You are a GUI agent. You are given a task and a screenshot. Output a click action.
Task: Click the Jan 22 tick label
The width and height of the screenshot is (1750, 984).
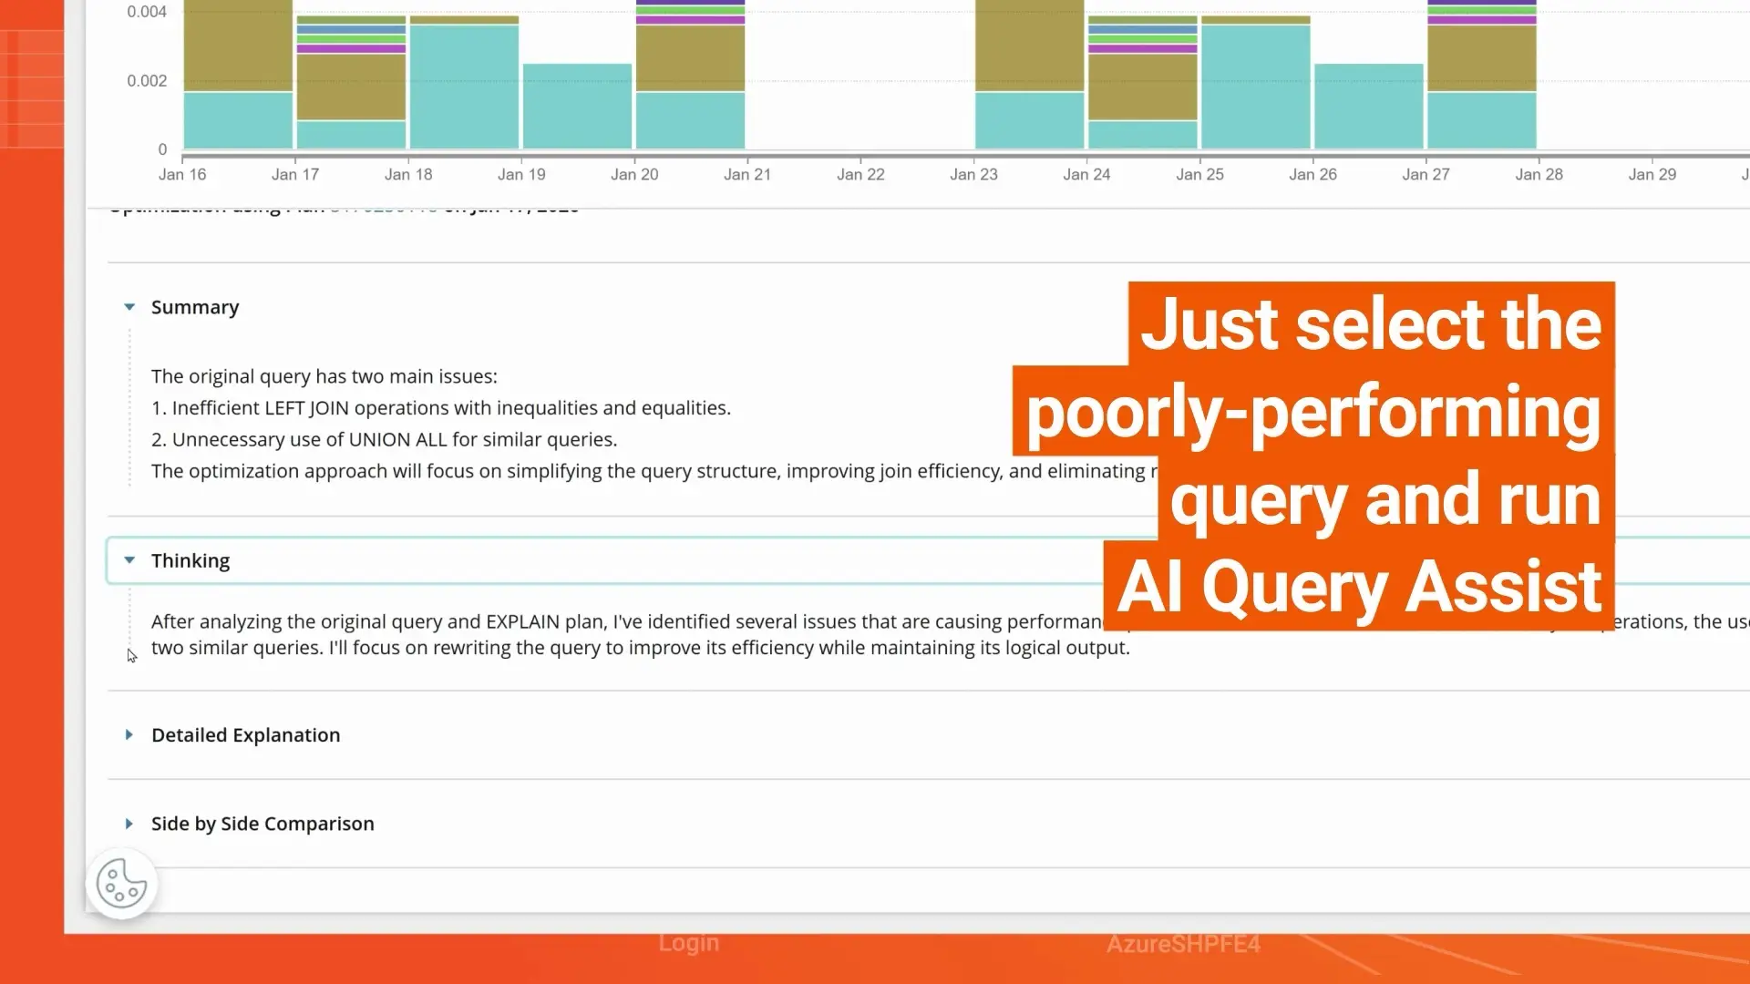pyautogui.click(x=860, y=174)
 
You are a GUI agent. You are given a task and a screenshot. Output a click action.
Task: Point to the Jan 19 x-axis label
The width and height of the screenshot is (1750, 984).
pyautogui.click(x=521, y=174)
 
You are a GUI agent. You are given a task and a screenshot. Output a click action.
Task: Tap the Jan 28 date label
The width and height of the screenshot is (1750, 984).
pyautogui.click(x=1539, y=174)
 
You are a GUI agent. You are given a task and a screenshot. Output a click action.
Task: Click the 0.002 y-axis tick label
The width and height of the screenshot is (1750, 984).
pyautogui.click(x=147, y=81)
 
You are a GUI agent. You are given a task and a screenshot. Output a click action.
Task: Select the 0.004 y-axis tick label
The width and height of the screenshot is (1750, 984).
pyautogui.click(x=147, y=12)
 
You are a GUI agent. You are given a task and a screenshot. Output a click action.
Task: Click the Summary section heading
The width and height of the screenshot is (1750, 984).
pyautogui.click(x=195, y=308)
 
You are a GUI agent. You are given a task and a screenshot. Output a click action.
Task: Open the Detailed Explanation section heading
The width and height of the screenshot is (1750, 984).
pyautogui.click(x=245, y=735)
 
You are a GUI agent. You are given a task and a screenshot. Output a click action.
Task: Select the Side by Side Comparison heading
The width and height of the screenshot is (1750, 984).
pyautogui.click(x=262, y=824)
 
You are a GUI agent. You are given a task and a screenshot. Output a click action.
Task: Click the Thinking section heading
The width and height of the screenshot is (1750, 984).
pyautogui.click(x=190, y=561)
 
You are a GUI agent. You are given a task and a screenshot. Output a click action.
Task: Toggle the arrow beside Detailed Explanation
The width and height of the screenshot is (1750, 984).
pyautogui.click(x=129, y=735)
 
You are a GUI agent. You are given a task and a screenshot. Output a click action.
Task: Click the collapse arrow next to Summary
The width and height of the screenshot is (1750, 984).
pyautogui.click(x=129, y=308)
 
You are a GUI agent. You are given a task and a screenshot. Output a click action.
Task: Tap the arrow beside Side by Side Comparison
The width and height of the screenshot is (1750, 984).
pyautogui.click(x=129, y=824)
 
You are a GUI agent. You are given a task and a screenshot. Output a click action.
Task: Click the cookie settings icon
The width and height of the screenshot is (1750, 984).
pyautogui.click(x=121, y=883)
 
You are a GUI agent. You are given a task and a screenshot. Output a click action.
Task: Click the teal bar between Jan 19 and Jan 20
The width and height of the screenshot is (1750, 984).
pyautogui.click(x=577, y=106)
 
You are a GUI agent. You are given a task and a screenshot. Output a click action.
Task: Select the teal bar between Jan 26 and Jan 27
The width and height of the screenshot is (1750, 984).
pyautogui.click(x=1368, y=106)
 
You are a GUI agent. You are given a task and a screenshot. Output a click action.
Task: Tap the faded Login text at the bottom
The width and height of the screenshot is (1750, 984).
pyautogui.click(x=688, y=943)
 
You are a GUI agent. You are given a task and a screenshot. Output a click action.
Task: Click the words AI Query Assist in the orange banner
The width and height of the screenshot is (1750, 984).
pyautogui.click(x=1359, y=588)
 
